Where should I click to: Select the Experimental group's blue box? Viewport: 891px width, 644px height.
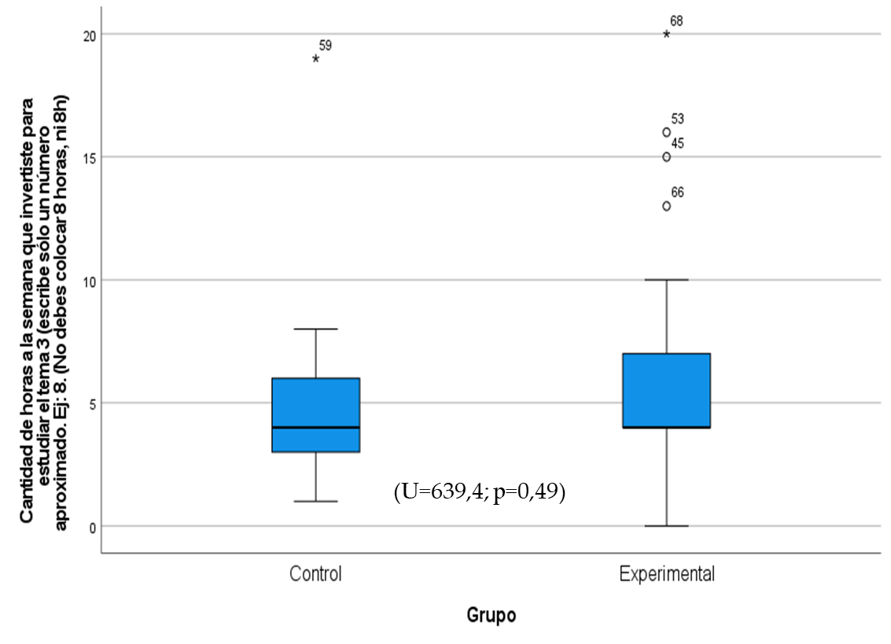(x=666, y=390)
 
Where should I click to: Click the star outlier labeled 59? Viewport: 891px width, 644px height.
(x=315, y=58)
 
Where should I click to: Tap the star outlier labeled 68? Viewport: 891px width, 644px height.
(x=666, y=34)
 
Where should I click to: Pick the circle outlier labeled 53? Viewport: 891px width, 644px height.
(x=666, y=132)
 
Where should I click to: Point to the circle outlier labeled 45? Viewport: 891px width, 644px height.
(x=666, y=156)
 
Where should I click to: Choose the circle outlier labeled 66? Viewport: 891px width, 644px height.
(x=666, y=206)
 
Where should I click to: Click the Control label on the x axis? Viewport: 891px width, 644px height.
(x=315, y=574)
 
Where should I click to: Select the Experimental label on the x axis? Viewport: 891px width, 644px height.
(x=667, y=574)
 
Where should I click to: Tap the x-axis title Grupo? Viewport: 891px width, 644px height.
(x=492, y=615)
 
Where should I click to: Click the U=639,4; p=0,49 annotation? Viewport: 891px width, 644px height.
(x=480, y=493)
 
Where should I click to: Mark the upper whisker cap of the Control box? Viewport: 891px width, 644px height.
(x=315, y=329)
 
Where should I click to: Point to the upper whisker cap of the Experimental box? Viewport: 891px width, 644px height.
(x=666, y=280)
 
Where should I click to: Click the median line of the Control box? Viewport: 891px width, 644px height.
(x=315, y=428)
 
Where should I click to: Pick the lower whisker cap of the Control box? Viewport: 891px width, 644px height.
(x=315, y=501)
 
